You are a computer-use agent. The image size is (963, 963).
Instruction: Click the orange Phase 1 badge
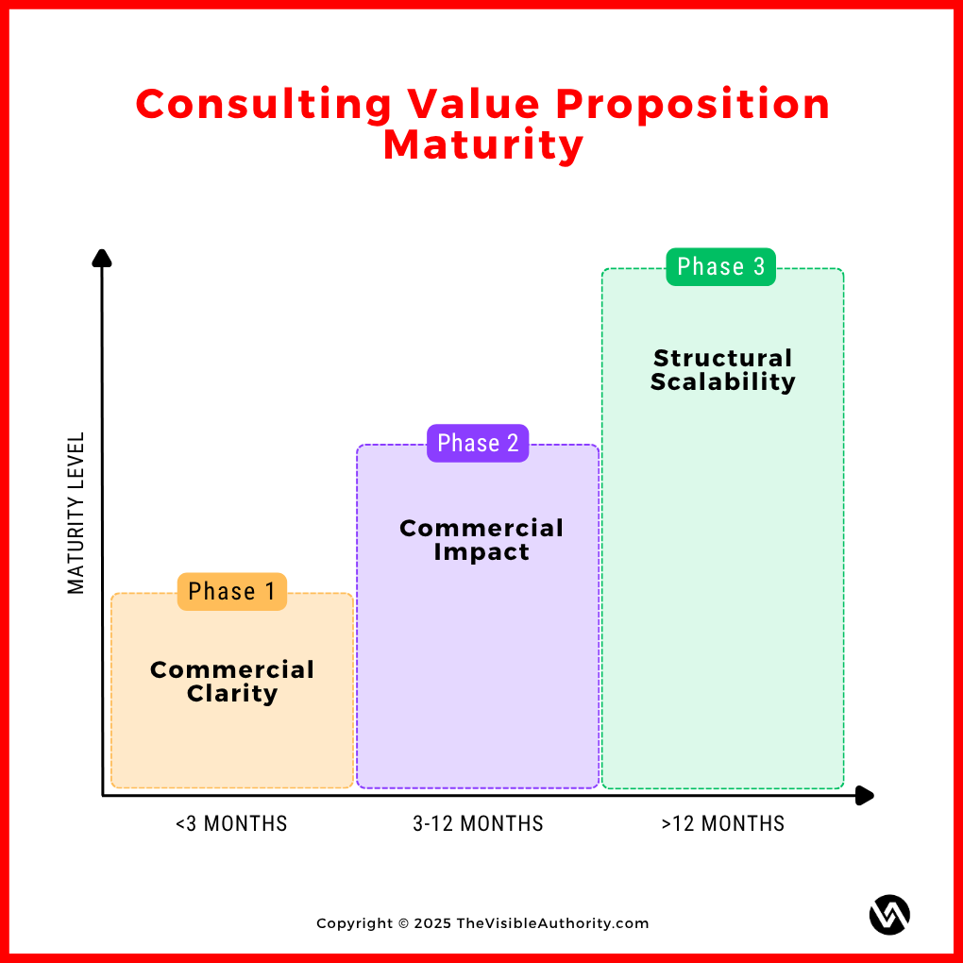tap(231, 592)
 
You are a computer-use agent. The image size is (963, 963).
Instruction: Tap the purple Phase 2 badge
tap(478, 444)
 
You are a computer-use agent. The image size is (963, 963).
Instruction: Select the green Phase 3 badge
tap(721, 267)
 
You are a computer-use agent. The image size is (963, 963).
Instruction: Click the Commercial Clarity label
tap(231, 682)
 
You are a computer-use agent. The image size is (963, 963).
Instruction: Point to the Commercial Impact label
tap(481, 540)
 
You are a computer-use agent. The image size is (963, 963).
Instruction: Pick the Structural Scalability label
tap(723, 370)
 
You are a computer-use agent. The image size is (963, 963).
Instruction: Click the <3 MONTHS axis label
tap(231, 824)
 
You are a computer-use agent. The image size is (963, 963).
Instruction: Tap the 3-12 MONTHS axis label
tap(478, 824)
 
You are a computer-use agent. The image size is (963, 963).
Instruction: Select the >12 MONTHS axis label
tap(723, 824)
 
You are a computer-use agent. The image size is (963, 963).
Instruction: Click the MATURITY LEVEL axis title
tap(76, 513)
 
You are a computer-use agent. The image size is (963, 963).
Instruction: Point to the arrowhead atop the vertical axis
tap(102, 258)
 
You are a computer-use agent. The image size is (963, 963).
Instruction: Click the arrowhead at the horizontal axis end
tap(864, 796)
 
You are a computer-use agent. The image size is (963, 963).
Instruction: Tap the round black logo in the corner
tap(889, 915)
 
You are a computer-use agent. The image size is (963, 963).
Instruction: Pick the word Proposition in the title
tap(701, 105)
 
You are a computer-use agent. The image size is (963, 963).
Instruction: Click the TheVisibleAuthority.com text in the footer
tap(552, 923)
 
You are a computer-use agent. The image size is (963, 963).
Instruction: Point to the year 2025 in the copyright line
tap(432, 923)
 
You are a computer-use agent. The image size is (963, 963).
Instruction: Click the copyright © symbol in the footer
tap(403, 923)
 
